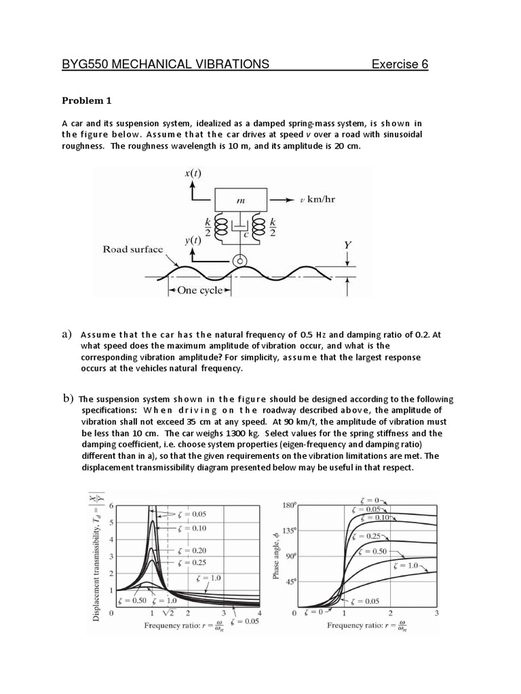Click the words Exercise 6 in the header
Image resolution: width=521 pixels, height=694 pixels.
pos(400,64)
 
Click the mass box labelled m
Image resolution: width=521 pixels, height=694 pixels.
pos(240,200)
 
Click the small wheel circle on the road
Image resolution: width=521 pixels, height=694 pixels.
pos(238,260)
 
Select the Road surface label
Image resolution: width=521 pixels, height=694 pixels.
pos(133,249)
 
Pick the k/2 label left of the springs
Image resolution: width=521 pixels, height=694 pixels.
pos(207,228)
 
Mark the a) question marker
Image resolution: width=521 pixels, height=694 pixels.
pos(66,334)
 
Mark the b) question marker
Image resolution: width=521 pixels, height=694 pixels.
pos(67,399)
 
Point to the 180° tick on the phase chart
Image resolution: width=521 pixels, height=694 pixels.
pos(290,505)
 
